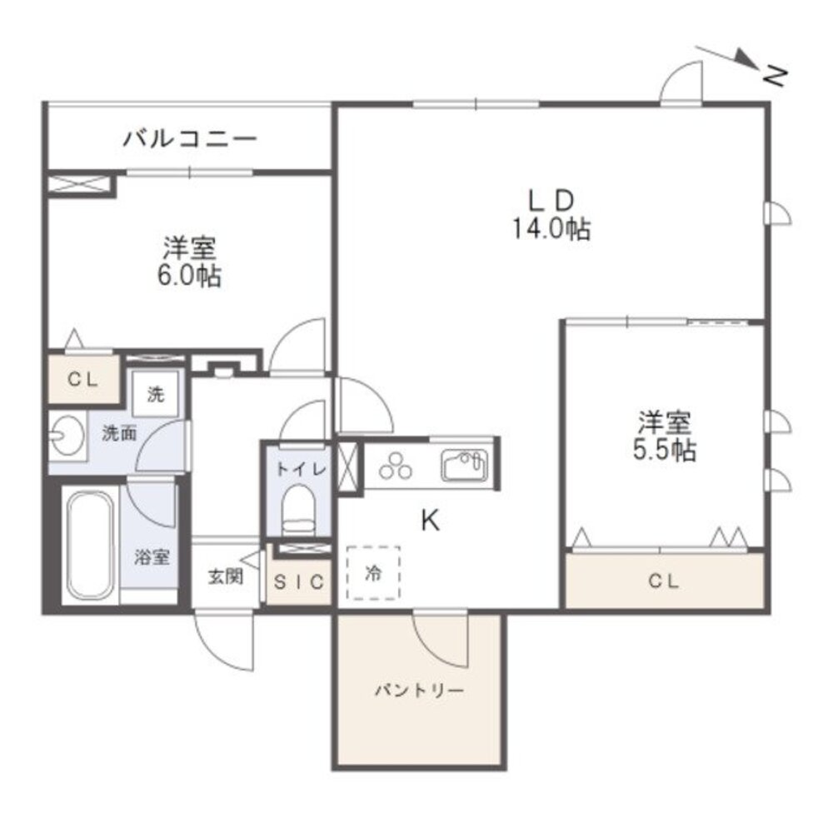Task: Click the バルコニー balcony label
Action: click(x=190, y=139)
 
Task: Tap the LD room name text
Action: click(x=551, y=201)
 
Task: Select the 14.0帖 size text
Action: click(x=551, y=230)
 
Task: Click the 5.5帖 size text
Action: click(x=664, y=451)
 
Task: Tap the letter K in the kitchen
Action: click(x=430, y=520)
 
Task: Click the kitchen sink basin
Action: click(x=464, y=465)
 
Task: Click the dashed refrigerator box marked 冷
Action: click(x=373, y=573)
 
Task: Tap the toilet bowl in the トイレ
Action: click(x=298, y=510)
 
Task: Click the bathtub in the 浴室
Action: click(x=90, y=546)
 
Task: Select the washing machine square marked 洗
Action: click(x=155, y=394)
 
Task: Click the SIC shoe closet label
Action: click(x=299, y=582)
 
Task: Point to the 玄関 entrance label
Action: click(x=226, y=576)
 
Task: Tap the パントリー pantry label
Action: click(x=419, y=691)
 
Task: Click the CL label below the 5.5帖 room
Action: click(x=664, y=581)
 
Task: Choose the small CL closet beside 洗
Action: click(x=83, y=379)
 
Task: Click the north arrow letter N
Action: click(x=775, y=77)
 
